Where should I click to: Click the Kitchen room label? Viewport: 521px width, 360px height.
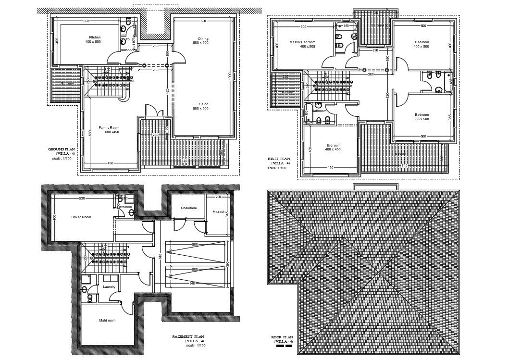point(95,37)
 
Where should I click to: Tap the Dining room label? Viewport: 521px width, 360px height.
point(203,38)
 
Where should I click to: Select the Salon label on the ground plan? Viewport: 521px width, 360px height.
point(203,104)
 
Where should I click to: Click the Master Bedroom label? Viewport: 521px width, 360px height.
point(301,42)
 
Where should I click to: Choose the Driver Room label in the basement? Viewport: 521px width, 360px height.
point(81,217)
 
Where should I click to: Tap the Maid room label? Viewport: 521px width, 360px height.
point(107,320)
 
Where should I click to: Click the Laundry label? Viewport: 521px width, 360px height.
point(109,287)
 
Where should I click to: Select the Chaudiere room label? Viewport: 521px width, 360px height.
point(188,208)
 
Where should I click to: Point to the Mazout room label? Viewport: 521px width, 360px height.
point(219,211)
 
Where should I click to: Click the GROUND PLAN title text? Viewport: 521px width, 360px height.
point(60,149)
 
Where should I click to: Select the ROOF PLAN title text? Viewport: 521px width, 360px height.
point(282,337)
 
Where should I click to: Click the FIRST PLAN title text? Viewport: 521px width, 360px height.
point(279,159)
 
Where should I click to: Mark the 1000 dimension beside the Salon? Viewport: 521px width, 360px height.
point(230,76)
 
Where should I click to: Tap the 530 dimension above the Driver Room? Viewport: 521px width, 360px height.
point(82,198)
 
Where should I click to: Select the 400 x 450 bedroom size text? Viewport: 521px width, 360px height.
point(333,149)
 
